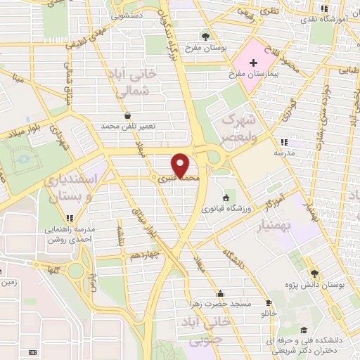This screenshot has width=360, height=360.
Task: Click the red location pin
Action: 181,165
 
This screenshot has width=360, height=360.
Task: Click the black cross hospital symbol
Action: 254,63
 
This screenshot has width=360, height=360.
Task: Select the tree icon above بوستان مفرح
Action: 205,35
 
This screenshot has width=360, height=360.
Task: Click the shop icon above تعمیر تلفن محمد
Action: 127,117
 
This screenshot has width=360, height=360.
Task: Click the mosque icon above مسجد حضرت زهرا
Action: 221,294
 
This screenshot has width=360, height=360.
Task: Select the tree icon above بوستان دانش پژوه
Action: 314,274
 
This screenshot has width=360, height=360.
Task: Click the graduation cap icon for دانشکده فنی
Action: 303,330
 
